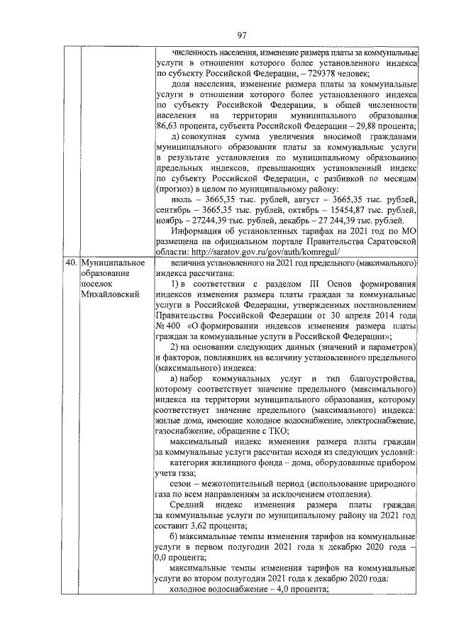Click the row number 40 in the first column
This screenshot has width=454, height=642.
coord(71,263)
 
